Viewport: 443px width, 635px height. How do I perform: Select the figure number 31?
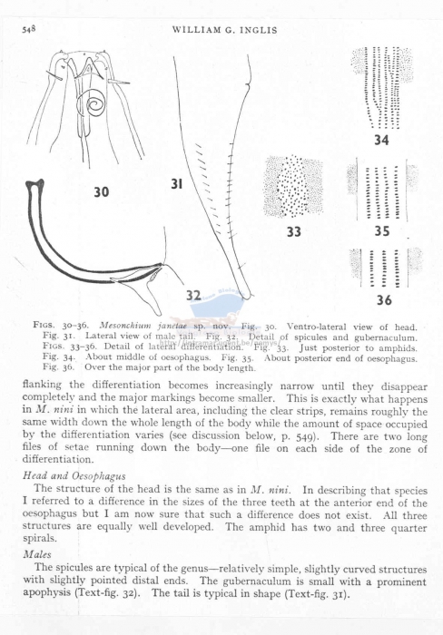[x=177, y=185]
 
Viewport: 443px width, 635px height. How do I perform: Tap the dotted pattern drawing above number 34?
[x=380, y=87]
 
